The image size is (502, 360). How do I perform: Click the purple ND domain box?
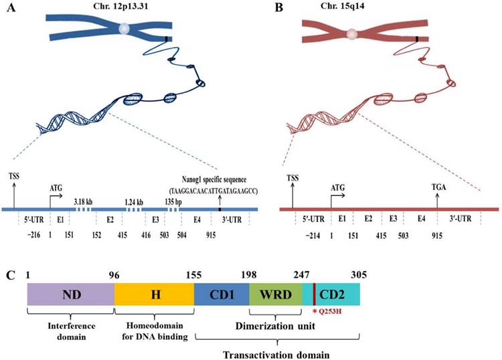point(70,294)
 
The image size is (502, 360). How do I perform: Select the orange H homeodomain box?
point(154,294)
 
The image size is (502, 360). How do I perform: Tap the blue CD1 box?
point(221,294)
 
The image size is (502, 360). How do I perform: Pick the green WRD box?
point(275,294)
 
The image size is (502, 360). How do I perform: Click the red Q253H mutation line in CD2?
point(314,294)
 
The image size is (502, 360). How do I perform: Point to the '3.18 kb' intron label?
point(84,199)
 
